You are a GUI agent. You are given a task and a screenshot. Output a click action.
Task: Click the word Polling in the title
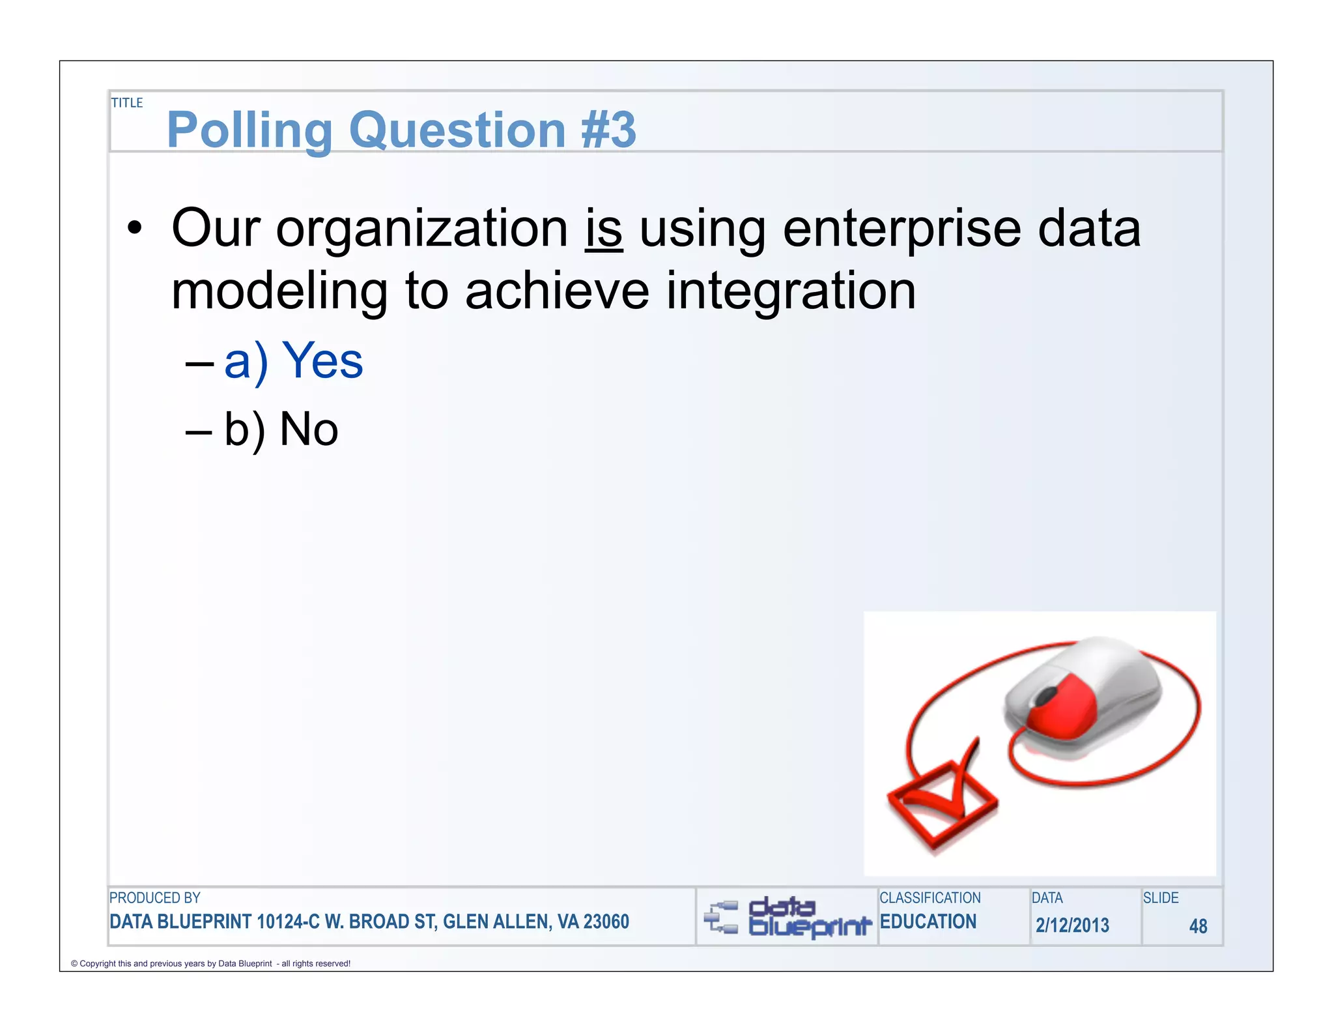pyautogui.click(x=249, y=130)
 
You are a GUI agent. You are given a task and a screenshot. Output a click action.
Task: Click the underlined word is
pyautogui.click(x=604, y=229)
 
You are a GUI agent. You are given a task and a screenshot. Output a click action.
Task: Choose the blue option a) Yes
pyautogui.click(x=293, y=361)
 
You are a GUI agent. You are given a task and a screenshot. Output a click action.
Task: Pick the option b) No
pyautogui.click(x=281, y=430)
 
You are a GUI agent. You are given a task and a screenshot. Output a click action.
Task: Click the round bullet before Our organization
pyautogui.click(x=134, y=229)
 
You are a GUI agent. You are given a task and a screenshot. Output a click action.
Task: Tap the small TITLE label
pyautogui.click(x=126, y=103)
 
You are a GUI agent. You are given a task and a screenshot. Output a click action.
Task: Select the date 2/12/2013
pyautogui.click(x=1072, y=925)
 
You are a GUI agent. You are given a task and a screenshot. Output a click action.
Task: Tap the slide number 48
pyautogui.click(x=1197, y=926)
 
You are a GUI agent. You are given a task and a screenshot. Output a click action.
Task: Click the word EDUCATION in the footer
pyautogui.click(x=928, y=922)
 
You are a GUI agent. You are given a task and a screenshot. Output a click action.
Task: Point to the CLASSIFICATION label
pyautogui.click(x=930, y=898)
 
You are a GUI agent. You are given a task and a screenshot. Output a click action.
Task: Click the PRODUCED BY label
pyautogui.click(x=154, y=898)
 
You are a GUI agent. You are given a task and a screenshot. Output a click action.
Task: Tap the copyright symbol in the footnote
pyautogui.click(x=74, y=964)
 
